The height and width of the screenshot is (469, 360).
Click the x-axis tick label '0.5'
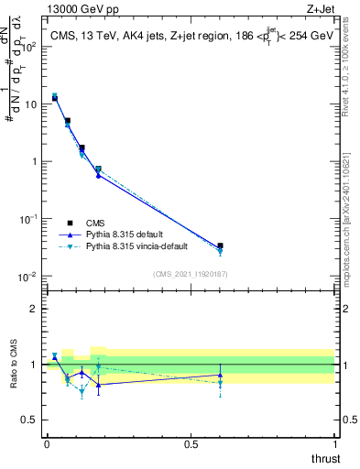coord(191,443)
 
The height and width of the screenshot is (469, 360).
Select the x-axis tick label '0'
coord(47,443)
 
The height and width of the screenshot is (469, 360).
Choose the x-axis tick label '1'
coord(334,443)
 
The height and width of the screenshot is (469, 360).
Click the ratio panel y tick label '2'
coord(35,309)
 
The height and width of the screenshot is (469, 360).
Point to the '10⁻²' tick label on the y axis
coord(28,277)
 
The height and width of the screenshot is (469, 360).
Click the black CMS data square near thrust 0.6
coord(220,246)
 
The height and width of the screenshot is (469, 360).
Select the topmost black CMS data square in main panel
coord(55,98)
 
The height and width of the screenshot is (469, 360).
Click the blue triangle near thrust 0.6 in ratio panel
coord(220,375)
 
